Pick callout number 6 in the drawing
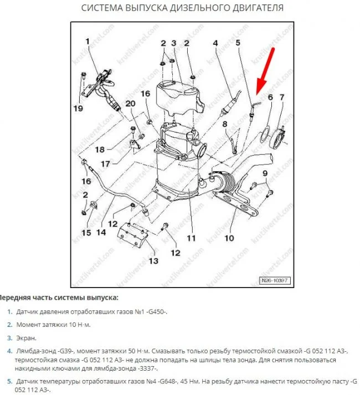[x=270, y=98]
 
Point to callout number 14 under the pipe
[x=101, y=233]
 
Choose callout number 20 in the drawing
[x=130, y=104]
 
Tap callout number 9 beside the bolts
[x=265, y=175]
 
